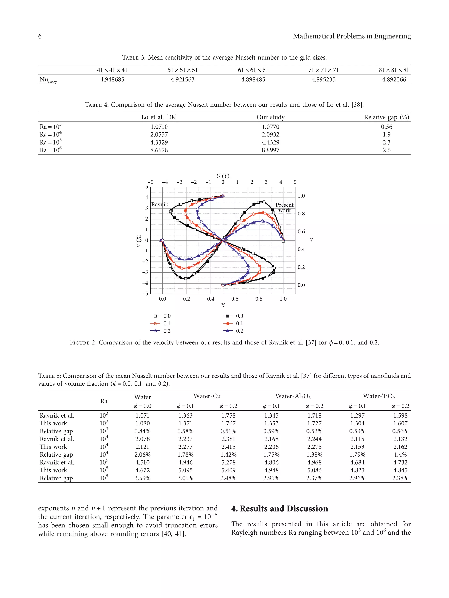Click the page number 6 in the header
pos(40,36)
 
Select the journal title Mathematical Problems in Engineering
pos(352,36)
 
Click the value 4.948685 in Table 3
pos(112,79)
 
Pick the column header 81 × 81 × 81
pos(394,70)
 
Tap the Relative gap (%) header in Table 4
pos(386,117)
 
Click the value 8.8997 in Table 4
pos(270,150)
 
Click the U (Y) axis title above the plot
pos(223,176)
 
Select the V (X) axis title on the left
pos(139,240)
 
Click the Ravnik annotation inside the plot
pos(160,204)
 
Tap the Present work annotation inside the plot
pos(284,207)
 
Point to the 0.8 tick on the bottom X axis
pos(259,299)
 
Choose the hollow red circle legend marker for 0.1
pos(155,323)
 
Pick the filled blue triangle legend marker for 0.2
pos(228,331)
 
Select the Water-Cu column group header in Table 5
pos(207,396)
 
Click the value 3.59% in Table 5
pos(142,478)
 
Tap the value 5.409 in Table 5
pos(228,470)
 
